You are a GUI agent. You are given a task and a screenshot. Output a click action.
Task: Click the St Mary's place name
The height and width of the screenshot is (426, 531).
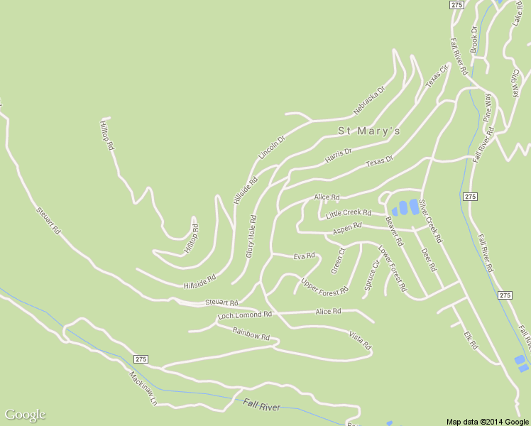click(368, 131)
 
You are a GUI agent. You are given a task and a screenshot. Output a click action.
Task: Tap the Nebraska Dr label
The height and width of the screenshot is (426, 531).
click(368, 102)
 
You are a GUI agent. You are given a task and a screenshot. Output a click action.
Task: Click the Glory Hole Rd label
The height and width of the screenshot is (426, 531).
click(250, 236)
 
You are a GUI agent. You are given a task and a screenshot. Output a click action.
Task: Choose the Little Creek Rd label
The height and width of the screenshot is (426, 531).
click(349, 213)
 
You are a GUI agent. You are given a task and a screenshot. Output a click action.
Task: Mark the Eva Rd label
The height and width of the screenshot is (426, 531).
click(304, 256)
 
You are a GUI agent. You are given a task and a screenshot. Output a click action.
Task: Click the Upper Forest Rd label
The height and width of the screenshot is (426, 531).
click(324, 286)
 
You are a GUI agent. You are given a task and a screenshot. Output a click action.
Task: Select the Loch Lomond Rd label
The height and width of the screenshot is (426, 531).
click(245, 315)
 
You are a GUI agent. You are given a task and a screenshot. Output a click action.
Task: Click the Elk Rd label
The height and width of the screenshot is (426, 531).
click(471, 339)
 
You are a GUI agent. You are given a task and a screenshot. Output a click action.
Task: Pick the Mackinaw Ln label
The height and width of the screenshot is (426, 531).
click(143, 388)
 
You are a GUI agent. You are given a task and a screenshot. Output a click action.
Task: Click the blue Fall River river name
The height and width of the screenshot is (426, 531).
click(261, 405)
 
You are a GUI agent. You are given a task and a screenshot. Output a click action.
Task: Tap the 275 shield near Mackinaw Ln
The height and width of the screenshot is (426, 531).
click(140, 359)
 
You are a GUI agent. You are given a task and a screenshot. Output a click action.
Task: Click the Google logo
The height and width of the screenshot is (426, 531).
click(25, 415)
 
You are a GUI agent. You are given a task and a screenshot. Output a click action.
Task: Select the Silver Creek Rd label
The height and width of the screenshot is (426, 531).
click(429, 220)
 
